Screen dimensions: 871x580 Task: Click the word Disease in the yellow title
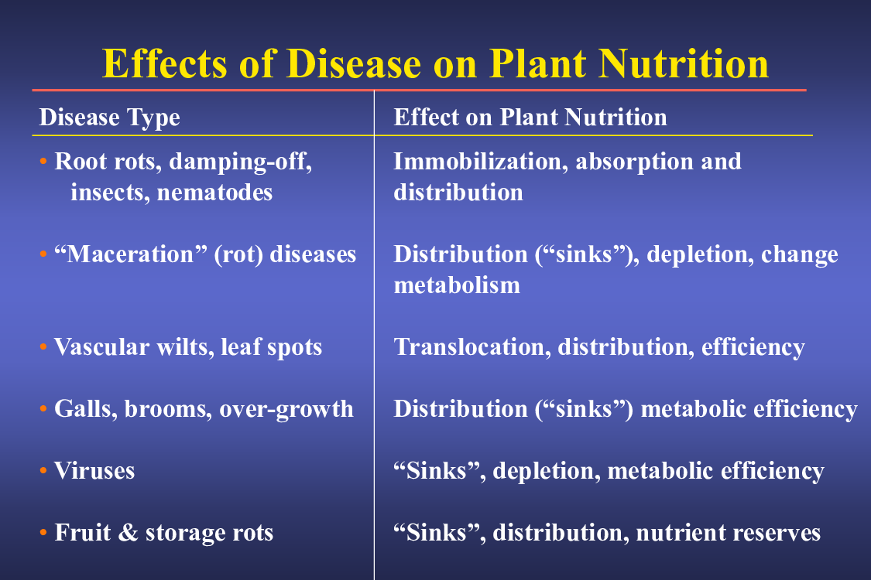pyautogui.click(x=353, y=63)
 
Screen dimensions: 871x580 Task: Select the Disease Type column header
pyautogui.click(x=109, y=118)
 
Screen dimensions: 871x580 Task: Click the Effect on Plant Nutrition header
pyautogui.click(x=530, y=117)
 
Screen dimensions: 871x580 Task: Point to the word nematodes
pyautogui.click(x=215, y=193)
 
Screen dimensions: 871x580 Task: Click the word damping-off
pyautogui.click(x=241, y=162)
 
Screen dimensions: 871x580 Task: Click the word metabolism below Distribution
pyautogui.click(x=457, y=285)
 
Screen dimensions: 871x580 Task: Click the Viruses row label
pyautogui.click(x=94, y=471)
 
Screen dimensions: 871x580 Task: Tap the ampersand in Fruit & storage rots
pyautogui.click(x=129, y=532)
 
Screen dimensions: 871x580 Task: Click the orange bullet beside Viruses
pyautogui.click(x=43, y=471)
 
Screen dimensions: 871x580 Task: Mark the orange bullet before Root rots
pyautogui.click(x=43, y=162)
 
